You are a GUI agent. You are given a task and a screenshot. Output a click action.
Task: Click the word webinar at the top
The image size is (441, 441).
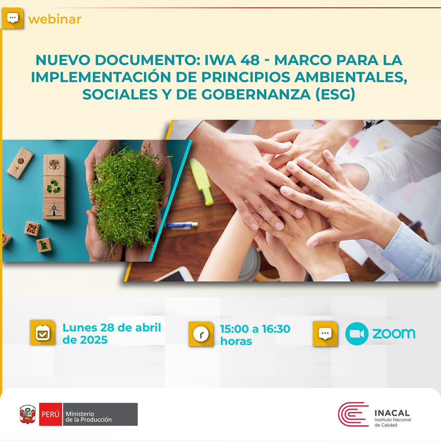pos(55,19)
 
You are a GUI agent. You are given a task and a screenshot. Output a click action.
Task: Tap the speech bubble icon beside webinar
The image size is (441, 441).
pos(13,18)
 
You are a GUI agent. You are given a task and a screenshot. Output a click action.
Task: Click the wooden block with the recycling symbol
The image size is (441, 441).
pos(54,187)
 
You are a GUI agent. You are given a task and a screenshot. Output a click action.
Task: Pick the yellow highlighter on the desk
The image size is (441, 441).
pos(202,182)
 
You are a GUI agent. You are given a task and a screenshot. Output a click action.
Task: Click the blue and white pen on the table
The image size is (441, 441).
pos(180,225)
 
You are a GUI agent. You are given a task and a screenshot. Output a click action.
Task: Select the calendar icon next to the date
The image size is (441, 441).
pos(43,333)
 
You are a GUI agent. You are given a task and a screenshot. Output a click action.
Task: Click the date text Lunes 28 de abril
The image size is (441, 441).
pos(112,327)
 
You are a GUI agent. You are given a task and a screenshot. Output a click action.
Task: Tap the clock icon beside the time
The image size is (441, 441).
pos(201,334)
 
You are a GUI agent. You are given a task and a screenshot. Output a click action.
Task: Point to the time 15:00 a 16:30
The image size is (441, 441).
pos(255,329)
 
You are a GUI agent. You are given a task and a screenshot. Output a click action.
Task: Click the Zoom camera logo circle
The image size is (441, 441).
pos(356,334)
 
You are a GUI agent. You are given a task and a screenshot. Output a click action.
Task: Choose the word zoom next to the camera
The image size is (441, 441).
pos(394,333)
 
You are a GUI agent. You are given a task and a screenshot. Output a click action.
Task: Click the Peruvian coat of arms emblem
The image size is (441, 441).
pos(28,415)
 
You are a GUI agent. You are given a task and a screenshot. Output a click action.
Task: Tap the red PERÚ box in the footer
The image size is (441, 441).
pos(50,414)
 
